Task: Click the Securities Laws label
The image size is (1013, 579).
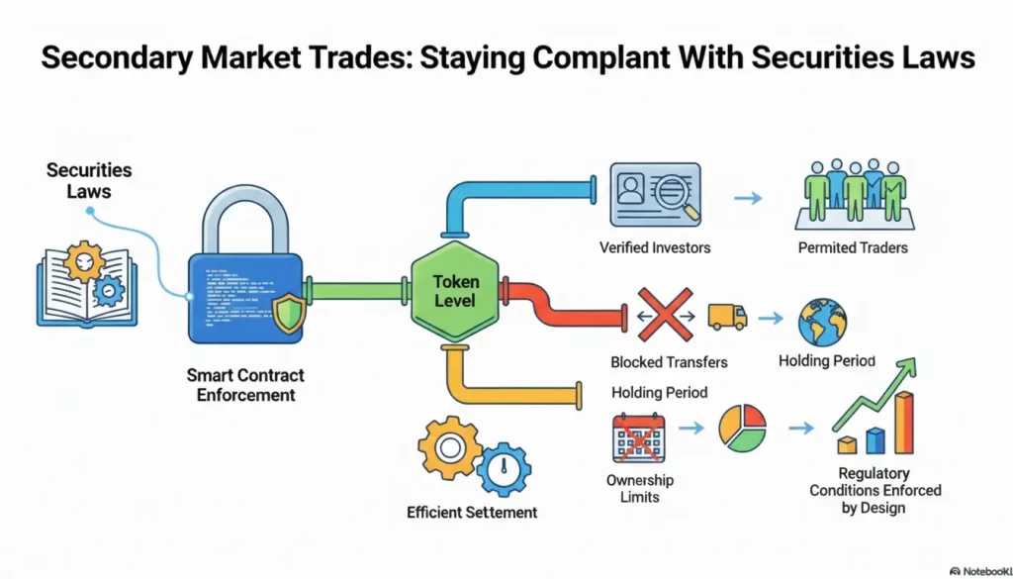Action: pos(88,180)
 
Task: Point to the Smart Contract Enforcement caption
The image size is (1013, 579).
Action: pos(245,385)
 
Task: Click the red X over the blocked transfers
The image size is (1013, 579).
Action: pos(665,314)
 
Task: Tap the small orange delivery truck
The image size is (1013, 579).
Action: pos(727,317)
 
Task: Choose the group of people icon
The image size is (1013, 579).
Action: pos(851,192)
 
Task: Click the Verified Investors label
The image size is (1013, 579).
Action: pos(655,247)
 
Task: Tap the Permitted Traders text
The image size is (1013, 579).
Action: pos(853,247)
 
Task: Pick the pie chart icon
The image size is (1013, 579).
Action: pos(742,428)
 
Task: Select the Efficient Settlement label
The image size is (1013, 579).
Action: pos(472,512)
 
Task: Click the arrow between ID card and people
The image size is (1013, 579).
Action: pos(749,198)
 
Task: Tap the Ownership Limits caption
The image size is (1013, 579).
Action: pos(639,488)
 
